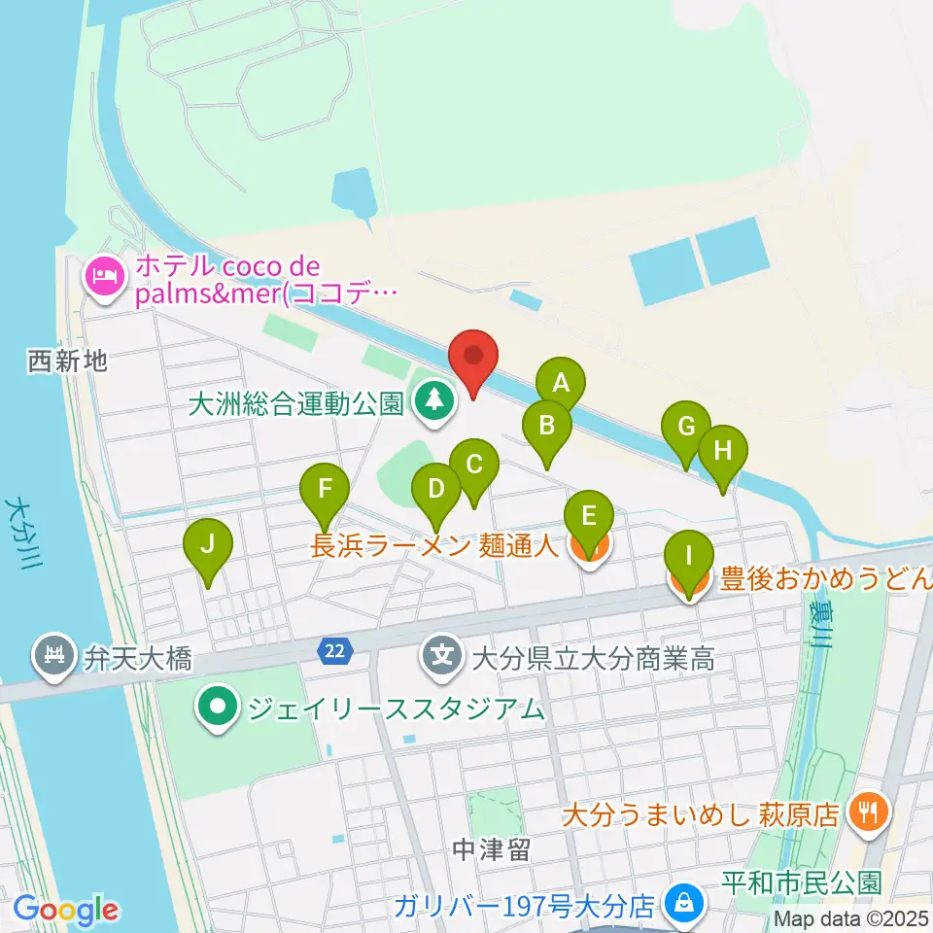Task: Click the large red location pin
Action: [474, 357]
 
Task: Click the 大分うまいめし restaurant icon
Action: [864, 812]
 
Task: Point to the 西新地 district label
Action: [66, 363]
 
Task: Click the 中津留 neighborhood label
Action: [491, 851]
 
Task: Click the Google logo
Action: [66, 909]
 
